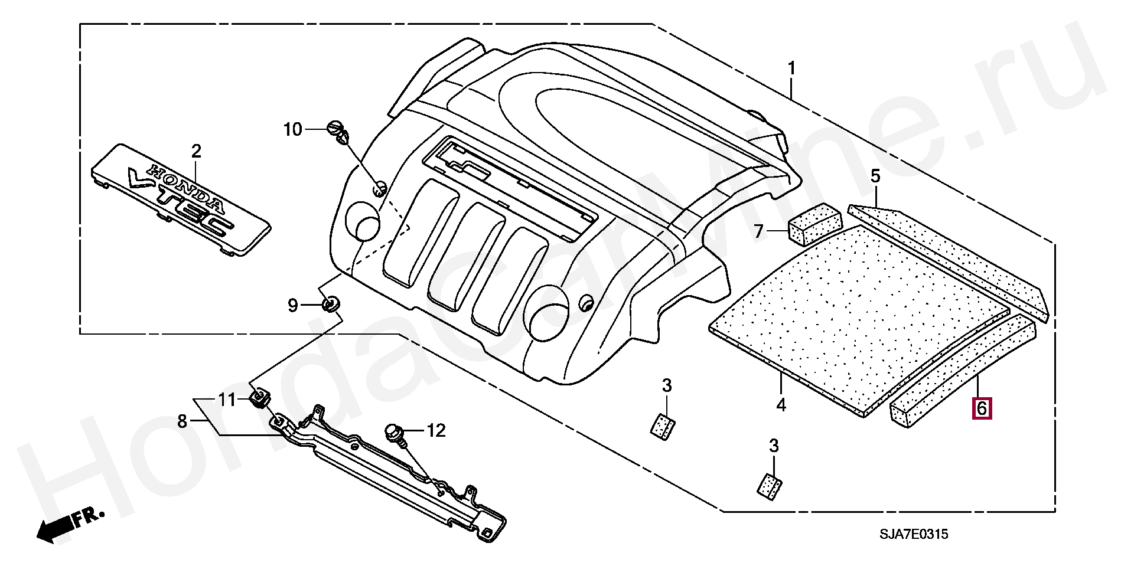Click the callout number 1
pos(791,69)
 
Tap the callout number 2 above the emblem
pos(196,151)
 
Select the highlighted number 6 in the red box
pos(981,408)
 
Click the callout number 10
pos(292,129)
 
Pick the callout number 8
pos(182,421)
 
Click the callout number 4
pos(781,405)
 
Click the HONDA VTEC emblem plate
pos(181,198)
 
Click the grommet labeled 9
pos(331,305)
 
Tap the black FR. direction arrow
pos(70,525)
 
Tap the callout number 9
pos(293,305)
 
